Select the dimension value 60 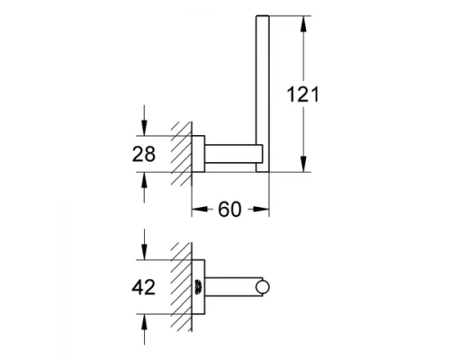(231, 211)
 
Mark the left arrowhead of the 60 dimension (197, 211)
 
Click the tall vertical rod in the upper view (263, 90)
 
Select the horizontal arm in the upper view (233, 152)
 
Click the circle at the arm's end (262, 288)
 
